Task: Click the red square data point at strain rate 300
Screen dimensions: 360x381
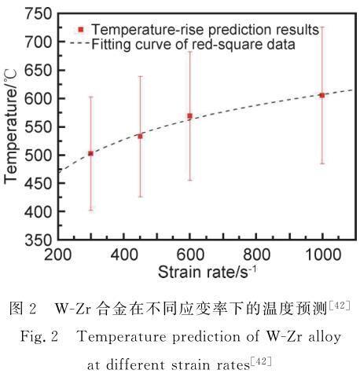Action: click(90, 153)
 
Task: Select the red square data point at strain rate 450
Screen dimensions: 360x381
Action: click(140, 137)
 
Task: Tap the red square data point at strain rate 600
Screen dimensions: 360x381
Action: click(189, 116)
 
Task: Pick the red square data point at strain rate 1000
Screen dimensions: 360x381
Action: click(322, 96)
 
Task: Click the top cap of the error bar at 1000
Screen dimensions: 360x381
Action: click(322, 27)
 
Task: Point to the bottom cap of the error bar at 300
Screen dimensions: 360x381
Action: click(90, 210)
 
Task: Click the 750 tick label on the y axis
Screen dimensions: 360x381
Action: click(38, 13)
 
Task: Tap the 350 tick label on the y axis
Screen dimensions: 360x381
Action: click(38, 240)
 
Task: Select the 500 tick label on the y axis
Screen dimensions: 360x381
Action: click(38, 155)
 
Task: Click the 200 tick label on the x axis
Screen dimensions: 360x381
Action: click(57, 255)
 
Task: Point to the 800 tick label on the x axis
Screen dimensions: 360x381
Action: click(256, 255)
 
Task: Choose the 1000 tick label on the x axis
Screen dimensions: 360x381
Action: click(323, 255)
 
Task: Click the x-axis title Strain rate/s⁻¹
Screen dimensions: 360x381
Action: click(207, 272)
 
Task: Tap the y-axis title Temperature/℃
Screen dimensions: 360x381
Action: click(10, 126)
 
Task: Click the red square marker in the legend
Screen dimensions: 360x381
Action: click(81, 30)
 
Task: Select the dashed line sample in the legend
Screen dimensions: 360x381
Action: click(79, 42)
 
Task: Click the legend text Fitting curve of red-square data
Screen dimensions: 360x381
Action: click(193, 44)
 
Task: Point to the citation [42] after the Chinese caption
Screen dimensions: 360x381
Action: click(340, 306)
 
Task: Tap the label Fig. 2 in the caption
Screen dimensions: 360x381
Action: click(39, 336)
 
